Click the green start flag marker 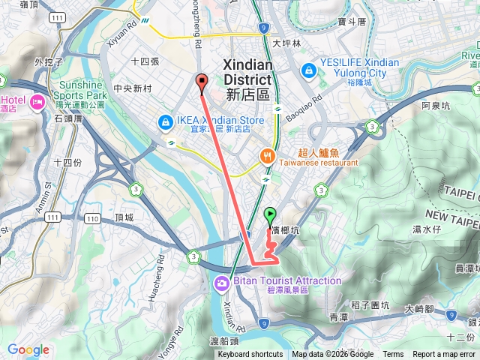pyautogui.click(x=270, y=214)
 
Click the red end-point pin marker pyautogui.click(x=201, y=82)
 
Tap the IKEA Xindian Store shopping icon pyautogui.click(x=163, y=121)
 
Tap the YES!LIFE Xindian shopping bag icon pyautogui.click(x=307, y=70)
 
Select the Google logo pyautogui.click(x=28, y=349)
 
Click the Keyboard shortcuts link pyautogui.click(x=250, y=355)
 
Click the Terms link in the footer pyautogui.click(x=393, y=355)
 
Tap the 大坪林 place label pyautogui.click(x=286, y=43)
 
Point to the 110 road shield pyautogui.click(x=91, y=218)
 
